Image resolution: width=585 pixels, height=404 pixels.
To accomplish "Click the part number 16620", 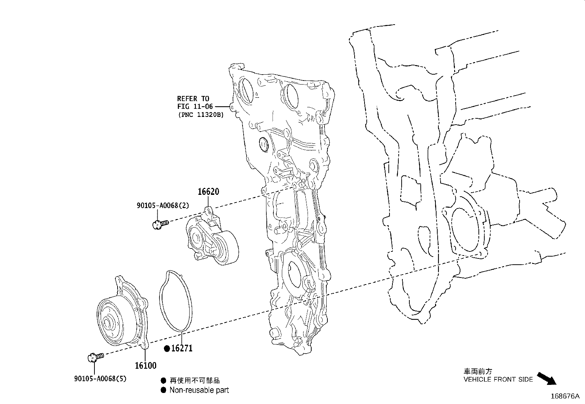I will click(208, 192).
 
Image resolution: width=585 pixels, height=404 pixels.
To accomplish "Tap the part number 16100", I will click(146, 365).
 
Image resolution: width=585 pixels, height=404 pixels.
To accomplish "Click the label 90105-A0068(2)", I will click(162, 205).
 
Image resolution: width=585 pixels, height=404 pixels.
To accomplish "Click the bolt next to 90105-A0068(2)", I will click(159, 224).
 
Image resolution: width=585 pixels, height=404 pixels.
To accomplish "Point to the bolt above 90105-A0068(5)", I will click(95, 356).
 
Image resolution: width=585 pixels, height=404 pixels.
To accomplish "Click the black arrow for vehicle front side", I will click(547, 378).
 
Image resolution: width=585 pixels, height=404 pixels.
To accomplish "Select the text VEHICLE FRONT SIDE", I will click(498, 379).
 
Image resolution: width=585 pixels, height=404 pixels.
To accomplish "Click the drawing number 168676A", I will click(564, 396).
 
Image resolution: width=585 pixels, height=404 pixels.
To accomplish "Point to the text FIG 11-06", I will click(195, 107).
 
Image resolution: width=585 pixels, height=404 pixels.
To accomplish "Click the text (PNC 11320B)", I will click(200, 115).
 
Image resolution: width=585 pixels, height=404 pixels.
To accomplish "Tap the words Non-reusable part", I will click(199, 390).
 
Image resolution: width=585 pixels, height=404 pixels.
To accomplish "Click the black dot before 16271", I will click(167, 348).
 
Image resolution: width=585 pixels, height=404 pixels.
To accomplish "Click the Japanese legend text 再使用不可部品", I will click(194, 380).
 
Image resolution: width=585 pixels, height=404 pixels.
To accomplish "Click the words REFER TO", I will click(193, 99).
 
